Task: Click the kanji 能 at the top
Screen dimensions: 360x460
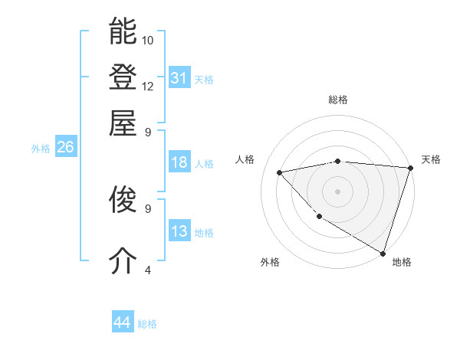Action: tap(123, 31)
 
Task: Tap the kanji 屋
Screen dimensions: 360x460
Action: tap(123, 122)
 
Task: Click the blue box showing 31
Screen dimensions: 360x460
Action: tap(179, 78)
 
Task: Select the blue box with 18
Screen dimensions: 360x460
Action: tap(179, 162)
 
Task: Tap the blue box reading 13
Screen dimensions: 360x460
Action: tap(179, 231)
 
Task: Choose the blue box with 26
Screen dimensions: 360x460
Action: tap(65, 148)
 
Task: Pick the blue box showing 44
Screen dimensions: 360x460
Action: tap(122, 322)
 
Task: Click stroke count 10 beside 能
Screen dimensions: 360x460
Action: tap(148, 40)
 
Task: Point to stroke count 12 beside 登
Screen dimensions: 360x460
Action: tap(148, 86)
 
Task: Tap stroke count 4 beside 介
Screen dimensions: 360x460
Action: tap(148, 270)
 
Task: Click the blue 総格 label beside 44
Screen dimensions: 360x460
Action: tap(147, 324)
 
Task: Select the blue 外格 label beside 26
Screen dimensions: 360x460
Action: tap(41, 149)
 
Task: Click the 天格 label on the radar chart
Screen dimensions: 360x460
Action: tap(431, 159)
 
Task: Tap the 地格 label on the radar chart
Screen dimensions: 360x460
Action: tap(402, 262)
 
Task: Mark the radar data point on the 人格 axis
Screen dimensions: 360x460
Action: tap(280, 172)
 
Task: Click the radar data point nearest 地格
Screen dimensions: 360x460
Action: tap(382, 253)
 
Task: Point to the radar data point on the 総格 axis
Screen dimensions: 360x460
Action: tap(337, 161)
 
